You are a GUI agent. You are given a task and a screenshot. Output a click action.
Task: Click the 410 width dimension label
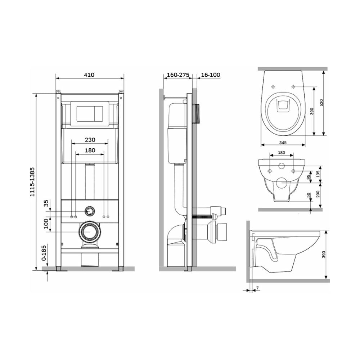(89, 75)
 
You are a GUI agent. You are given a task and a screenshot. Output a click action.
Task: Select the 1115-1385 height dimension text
(32, 181)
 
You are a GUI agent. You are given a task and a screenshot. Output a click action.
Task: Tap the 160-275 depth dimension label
(178, 75)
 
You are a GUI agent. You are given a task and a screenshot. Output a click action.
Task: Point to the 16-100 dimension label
(211, 75)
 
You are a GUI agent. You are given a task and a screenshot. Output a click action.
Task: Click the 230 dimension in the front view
(90, 140)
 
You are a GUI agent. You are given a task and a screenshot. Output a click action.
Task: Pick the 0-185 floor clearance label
(44, 253)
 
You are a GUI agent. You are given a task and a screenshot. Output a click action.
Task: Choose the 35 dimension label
(46, 203)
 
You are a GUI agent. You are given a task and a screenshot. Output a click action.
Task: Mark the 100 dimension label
(46, 224)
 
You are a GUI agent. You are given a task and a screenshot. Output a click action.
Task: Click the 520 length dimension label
(321, 103)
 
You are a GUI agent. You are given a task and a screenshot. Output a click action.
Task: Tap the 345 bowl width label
(283, 143)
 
